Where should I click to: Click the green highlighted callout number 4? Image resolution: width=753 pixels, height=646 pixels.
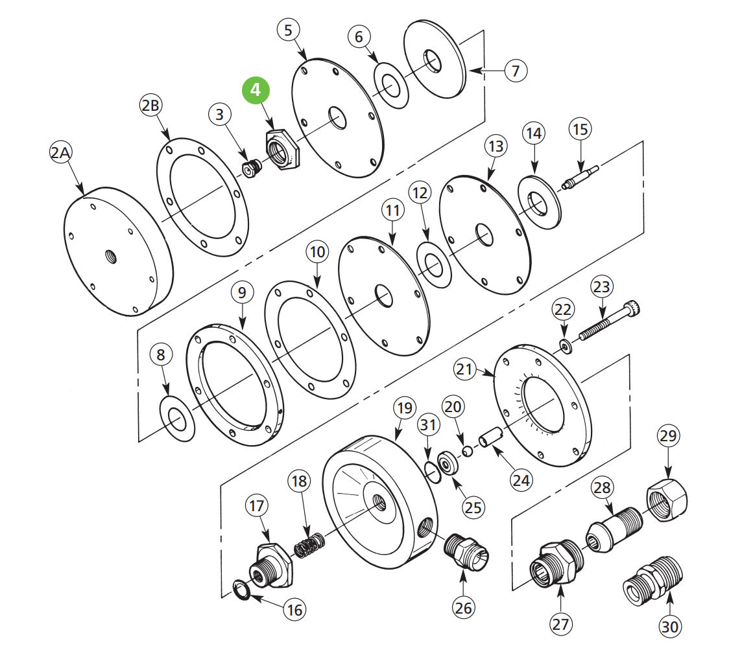pos(256,90)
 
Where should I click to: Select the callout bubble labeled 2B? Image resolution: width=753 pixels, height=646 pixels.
pos(150,106)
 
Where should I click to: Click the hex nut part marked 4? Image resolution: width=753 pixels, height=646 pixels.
pos(280,150)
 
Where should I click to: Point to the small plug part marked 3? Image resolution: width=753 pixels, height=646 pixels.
pos(250,168)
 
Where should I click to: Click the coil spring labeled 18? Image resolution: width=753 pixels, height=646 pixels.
pos(309,544)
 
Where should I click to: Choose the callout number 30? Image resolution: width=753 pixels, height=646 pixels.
pos(670,626)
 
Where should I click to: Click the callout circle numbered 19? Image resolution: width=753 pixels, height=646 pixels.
pos(404,409)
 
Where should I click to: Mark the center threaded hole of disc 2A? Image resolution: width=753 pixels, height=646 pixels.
pos(108,259)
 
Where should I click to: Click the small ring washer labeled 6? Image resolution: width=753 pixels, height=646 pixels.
pos(390,85)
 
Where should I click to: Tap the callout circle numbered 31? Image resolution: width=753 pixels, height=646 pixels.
pos(426,425)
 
